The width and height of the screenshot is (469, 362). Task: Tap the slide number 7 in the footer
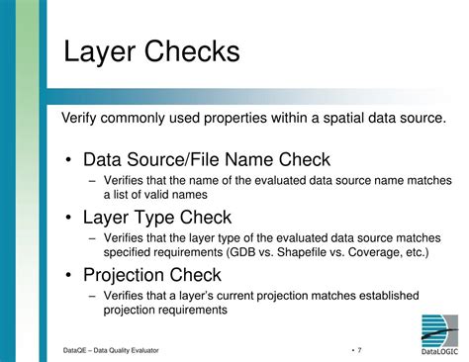pos(359,350)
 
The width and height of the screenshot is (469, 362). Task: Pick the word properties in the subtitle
pos(234,119)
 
